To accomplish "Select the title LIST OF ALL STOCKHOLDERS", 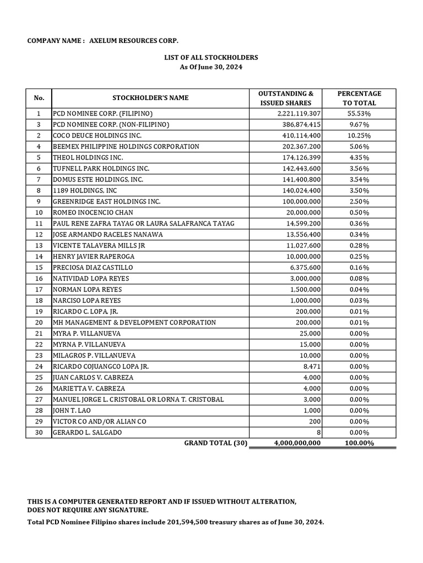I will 211,57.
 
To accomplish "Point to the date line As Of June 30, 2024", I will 211,67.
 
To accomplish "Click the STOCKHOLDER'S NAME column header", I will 150,98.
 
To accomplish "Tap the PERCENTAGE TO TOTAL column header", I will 359,98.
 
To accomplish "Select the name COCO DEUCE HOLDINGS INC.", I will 97,135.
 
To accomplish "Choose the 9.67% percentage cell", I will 359,124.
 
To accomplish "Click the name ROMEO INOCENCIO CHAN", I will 93,212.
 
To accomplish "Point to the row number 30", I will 39,432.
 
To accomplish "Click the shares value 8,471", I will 311,366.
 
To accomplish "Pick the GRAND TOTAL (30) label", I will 216,443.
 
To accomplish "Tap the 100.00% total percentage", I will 359,443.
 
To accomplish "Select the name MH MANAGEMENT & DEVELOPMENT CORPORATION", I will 134,322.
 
